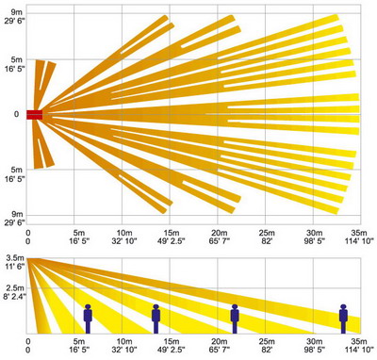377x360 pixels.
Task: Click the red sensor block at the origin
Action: tap(34, 115)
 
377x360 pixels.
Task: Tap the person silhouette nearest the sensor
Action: tap(88, 319)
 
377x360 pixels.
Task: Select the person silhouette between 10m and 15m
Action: tap(156, 319)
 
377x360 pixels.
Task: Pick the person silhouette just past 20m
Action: tap(235, 319)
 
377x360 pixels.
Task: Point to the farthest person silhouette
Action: tap(343, 319)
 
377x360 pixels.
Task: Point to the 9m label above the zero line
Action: tap(17, 12)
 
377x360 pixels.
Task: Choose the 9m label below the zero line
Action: tap(17, 215)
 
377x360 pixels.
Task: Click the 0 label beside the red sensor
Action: tap(16, 114)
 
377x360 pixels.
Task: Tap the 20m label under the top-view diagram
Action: tap(219, 233)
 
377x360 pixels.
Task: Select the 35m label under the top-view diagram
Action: tap(359, 233)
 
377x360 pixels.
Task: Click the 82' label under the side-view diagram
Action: tap(267, 349)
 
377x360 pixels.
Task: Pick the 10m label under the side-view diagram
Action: tap(124, 341)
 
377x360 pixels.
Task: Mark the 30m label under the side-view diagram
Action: tap(315, 341)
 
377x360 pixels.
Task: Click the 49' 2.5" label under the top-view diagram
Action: tap(172, 241)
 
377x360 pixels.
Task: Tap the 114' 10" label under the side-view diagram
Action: tap(359, 349)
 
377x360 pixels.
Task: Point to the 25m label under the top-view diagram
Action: tap(267, 233)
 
